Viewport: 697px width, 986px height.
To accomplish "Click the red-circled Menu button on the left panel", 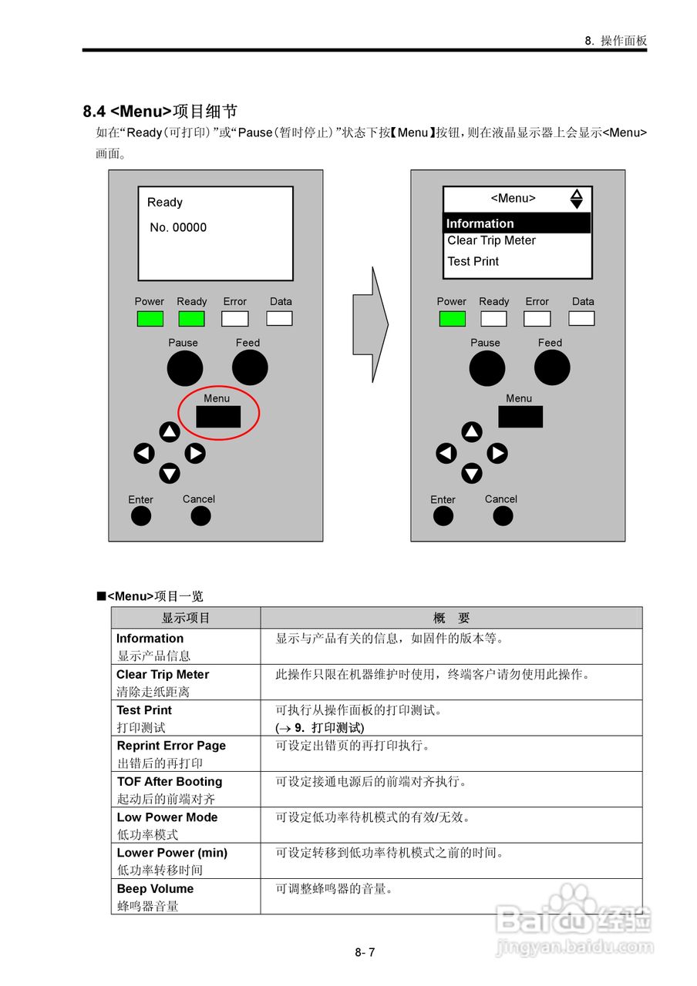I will point(218,417).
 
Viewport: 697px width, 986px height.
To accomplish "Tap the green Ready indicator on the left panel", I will point(191,319).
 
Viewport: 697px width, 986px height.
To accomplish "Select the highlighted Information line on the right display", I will point(517,223).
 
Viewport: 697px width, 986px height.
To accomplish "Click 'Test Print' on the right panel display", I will point(473,261).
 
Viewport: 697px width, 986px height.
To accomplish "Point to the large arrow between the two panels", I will point(371,324).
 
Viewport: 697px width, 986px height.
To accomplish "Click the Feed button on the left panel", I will point(250,367).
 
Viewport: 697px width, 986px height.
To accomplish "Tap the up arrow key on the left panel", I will point(170,432).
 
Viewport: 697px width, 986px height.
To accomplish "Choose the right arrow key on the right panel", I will point(497,454).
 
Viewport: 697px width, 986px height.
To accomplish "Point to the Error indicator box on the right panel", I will point(537,319).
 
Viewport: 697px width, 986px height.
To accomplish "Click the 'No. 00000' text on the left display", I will point(178,227).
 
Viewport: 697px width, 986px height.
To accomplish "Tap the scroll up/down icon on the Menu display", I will point(577,199).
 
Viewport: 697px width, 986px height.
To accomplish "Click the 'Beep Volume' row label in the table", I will point(155,889).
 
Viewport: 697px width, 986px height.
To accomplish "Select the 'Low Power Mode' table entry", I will point(167,817).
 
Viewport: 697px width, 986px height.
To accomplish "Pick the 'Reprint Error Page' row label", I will point(171,746).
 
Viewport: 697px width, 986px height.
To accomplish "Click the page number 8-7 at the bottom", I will point(365,952).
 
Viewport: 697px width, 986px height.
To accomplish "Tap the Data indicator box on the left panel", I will point(280,319).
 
